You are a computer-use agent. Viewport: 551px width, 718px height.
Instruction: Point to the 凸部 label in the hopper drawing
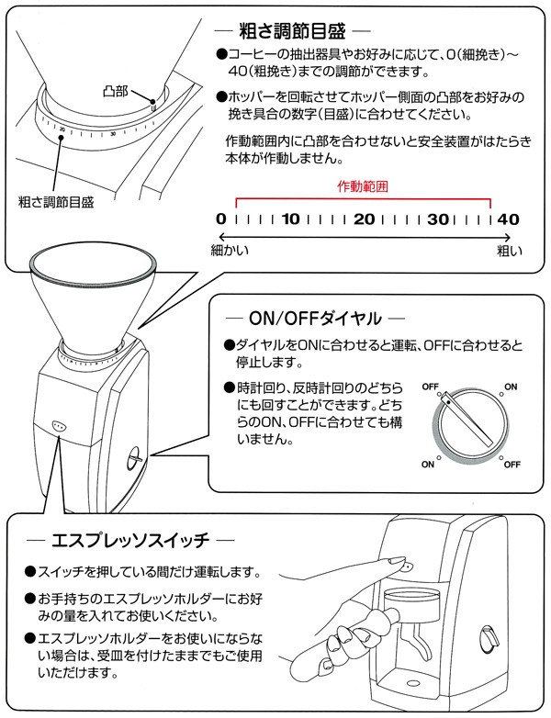116,92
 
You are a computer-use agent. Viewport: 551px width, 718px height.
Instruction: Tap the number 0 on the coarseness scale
220,219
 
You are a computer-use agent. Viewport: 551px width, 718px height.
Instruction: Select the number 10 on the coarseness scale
291,219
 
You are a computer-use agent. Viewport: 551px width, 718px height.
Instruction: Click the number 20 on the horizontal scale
363,219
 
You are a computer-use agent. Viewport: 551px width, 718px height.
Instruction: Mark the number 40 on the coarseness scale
508,219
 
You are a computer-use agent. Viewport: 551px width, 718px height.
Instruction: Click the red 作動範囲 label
364,185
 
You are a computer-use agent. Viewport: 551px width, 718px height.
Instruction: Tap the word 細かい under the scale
231,249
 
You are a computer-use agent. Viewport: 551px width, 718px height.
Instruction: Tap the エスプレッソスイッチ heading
132,538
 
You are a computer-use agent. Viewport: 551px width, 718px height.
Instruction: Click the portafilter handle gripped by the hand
349,643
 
